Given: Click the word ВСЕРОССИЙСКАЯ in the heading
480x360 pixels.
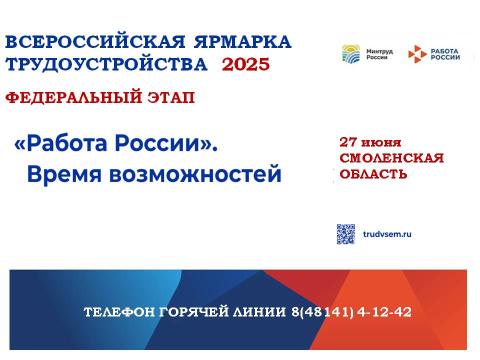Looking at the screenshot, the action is (95, 41).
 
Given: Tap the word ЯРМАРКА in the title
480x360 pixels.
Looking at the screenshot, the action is (242, 41).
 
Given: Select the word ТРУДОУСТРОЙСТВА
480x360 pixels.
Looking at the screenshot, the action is (106, 64).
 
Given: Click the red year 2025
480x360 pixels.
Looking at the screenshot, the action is (246, 64).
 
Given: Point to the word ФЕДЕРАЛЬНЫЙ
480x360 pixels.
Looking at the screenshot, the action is (74, 97).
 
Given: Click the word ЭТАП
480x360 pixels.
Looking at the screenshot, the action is (171, 97).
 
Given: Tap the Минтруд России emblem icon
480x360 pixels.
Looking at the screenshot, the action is (351, 54).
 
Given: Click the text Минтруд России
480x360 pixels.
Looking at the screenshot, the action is (379, 54).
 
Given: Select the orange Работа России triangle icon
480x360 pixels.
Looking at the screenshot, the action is (417, 54).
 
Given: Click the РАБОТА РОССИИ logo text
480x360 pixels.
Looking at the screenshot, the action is (445, 54).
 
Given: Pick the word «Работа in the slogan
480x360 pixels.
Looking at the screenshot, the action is (60, 143).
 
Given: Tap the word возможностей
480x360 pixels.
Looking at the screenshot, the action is (195, 173).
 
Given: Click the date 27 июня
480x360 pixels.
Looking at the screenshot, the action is (370, 142).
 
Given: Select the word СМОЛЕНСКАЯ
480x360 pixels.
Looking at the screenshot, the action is (391, 158).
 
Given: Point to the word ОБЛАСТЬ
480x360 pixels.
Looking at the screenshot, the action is (373, 174).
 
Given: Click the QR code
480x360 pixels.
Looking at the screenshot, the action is (346, 234).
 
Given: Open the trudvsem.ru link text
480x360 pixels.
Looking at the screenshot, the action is (387, 234).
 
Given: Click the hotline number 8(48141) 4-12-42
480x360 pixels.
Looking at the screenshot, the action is (351, 312).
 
